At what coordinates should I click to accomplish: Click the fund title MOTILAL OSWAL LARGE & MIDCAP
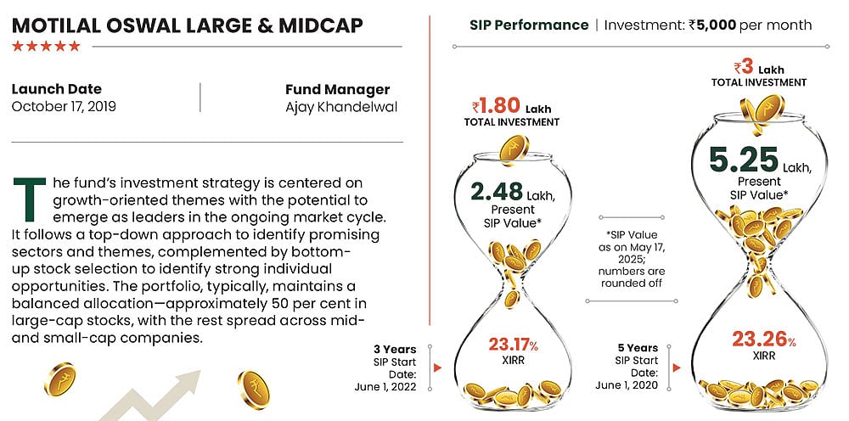(187, 25)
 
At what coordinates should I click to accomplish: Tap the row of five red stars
(46, 46)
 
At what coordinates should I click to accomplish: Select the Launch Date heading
(56, 89)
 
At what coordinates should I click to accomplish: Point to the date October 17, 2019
(64, 107)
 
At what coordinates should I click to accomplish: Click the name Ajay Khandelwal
(341, 107)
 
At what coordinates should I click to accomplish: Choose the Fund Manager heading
(337, 89)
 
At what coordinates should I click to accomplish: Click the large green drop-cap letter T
(30, 199)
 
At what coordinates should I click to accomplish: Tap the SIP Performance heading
(528, 25)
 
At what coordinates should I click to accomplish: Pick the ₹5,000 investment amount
(711, 25)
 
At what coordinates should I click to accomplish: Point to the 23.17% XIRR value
(513, 345)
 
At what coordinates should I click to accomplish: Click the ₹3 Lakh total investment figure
(758, 67)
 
